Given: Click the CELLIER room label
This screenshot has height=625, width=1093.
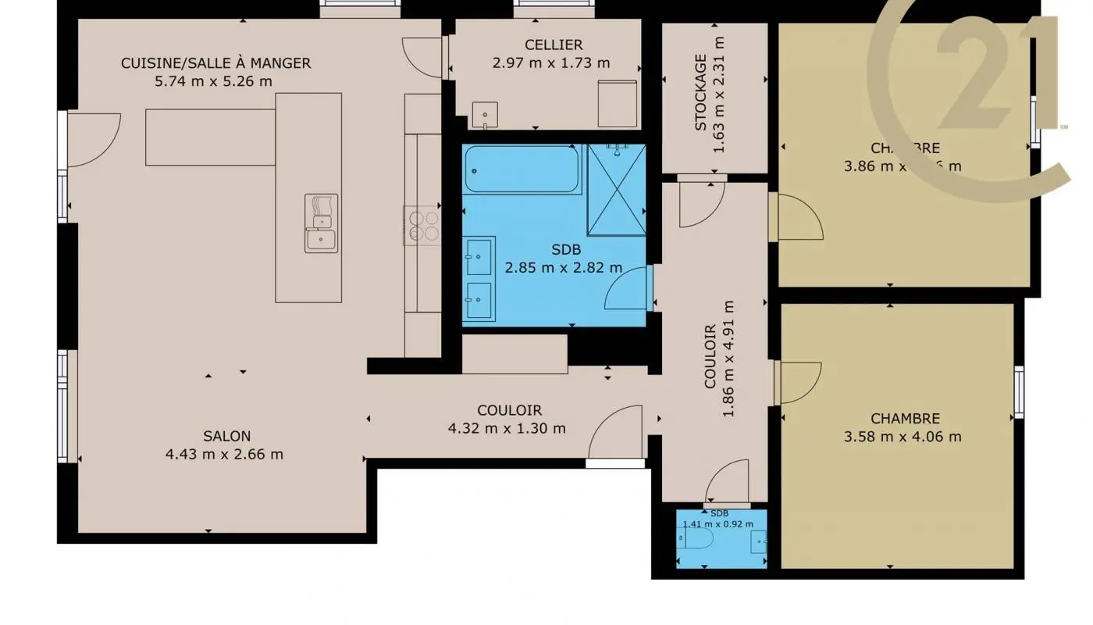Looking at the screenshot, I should [x=532, y=45].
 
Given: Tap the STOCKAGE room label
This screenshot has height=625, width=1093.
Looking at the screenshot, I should [x=700, y=92].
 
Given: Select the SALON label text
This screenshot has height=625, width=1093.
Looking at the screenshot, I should [x=226, y=436].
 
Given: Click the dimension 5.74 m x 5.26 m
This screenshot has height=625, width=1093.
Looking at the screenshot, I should [x=214, y=80].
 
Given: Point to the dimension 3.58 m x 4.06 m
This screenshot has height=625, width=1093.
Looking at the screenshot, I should [x=903, y=437].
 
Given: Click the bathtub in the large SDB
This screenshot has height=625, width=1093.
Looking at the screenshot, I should [x=522, y=170].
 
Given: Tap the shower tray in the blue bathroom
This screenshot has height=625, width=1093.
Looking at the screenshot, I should [x=616, y=190].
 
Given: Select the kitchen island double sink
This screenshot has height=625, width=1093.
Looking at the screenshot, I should [x=321, y=223].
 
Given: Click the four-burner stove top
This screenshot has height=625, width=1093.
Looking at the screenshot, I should [x=422, y=225].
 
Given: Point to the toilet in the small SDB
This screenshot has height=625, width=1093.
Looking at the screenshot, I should [x=699, y=541].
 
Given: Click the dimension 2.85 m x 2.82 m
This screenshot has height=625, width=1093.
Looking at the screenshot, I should [x=563, y=268].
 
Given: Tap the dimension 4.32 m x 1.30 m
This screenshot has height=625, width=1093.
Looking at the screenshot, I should [x=507, y=428].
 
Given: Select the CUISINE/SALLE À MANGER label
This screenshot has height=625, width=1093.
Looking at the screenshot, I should [x=215, y=63].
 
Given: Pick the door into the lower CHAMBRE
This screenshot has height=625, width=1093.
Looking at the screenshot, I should [x=798, y=382].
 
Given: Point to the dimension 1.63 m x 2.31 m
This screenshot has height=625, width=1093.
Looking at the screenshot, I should [x=719, y=94].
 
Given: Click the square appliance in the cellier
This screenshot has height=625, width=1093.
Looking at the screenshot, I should [x=617, y=103].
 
